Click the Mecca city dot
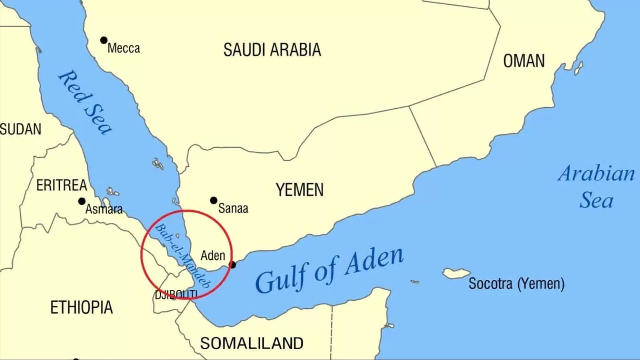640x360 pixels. click(104, 40)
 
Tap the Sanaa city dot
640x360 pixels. click(214, 200)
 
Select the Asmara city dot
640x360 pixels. click(82, 201)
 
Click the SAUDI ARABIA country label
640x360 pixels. click(272, 50)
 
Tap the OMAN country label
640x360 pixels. click(524, 61)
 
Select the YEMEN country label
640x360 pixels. click(300, 190)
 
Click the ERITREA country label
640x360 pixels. click(62, 185)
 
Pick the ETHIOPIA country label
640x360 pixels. click(82, 308)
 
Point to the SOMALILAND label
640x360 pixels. click(252, 343)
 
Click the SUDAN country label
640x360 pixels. click(20, 129)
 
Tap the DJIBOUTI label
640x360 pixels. click(176, 295)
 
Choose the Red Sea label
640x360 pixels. click(85, 102)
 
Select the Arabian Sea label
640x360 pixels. click(596, 187)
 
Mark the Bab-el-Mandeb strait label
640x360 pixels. click(182, 256)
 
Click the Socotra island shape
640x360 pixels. click(456, 273)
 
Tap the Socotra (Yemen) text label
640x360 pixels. click(516, 284)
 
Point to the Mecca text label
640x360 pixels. click(124, 48)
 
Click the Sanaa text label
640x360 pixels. click(233, 208)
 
